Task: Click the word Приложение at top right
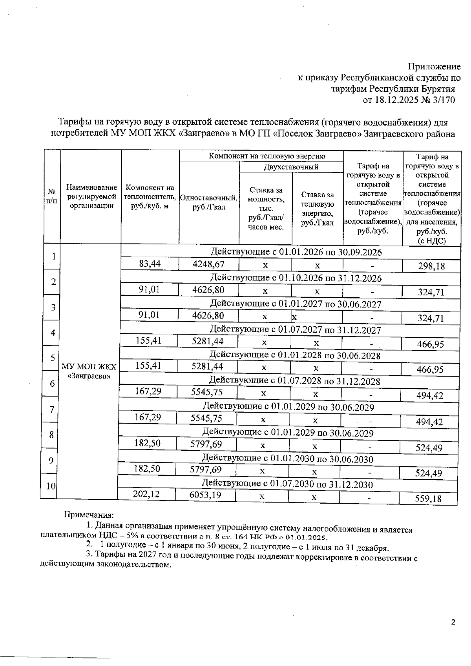[434, 66]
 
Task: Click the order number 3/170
[443, 100]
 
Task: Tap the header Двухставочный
[291, 167]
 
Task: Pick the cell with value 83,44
[150, 264]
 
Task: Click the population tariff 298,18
[431, 266]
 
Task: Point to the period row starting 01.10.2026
[296, 278]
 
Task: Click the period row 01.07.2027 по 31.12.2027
[295, 330]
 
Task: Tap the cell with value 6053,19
[205, 495]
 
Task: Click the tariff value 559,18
[428, 499]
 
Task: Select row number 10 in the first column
[50, 486]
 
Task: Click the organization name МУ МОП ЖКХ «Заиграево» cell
[89, 371]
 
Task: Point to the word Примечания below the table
[89, 515]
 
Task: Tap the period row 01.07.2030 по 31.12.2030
[287, 484]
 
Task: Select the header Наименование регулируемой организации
[91, 197]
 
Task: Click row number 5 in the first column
[52, 358]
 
